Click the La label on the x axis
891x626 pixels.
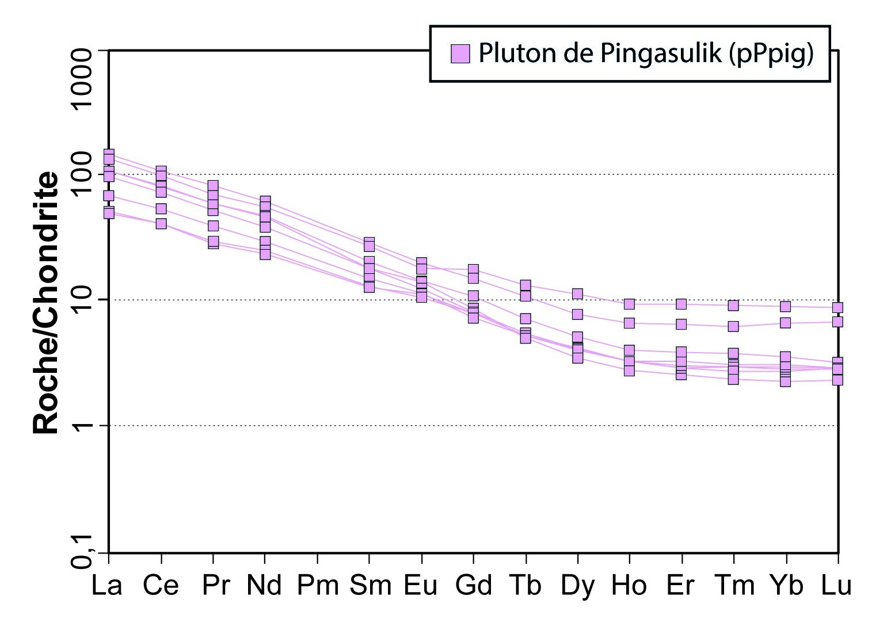pyautogui.click(x=107, y=586)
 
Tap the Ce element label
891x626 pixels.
pyautogui.click(x=161, y=586)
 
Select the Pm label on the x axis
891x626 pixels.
pyautogui.click(x=317, y=586)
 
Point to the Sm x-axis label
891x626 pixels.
pyautogui.click(x=370, y=586)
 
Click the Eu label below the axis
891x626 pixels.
pyautogui.click(x=421, y=586)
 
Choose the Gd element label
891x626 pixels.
pyautogui.click(x=473, y=586)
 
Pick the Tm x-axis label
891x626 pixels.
pyautogui.click(x=734, y=586)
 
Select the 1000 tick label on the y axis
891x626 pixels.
pyautogui.click(x=81, y=78)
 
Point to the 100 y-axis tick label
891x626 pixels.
pyautogui.click(x=81, y=174)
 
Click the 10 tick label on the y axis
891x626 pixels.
pyautogui.click(x=81, y=300)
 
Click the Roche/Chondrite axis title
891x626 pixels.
pyautogui.click(x=46, y=302)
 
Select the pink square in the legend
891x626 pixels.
pyautogui.click(x=460, y=54)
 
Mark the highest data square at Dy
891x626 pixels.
pyautogui.click(x=577, y=294)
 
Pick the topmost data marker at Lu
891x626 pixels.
pyautogui.click(x=837, y=308)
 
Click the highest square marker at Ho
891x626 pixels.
pyautogui.click(x=629, y=304)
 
